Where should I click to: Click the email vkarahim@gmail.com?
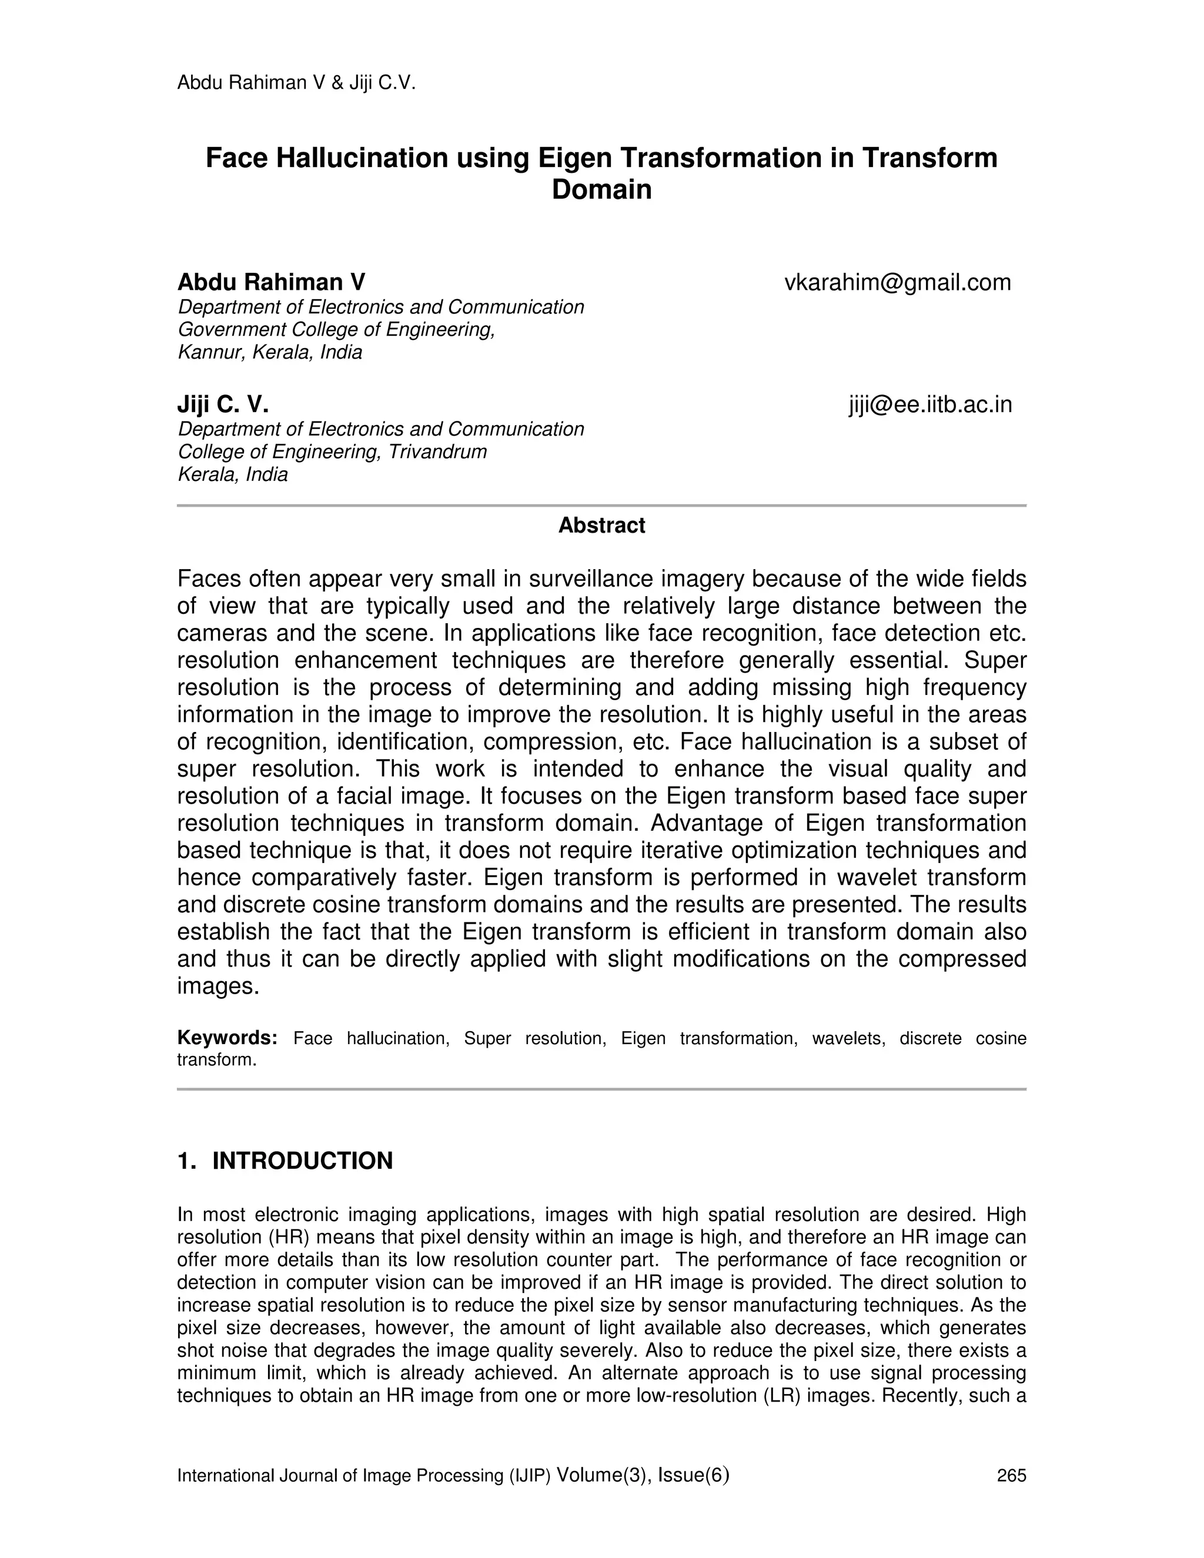pos(897,282)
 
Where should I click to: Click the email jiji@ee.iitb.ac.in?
pos(930,404)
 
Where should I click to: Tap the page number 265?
pos(1011,1475)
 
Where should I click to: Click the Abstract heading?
pos(601,525)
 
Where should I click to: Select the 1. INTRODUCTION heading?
pos(285,1161)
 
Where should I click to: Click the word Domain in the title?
pos(601,190)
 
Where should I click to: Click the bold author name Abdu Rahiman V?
pos(271,282)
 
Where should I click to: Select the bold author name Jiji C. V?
pos(223,404)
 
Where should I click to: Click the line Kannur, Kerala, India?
pos(270,352)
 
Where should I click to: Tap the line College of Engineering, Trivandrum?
pos(332,452)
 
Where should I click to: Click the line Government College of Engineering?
pos(336,330)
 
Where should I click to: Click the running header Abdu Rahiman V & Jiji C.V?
pos(296,83)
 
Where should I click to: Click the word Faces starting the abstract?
pos(208,579)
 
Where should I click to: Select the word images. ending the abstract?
pos(218,987)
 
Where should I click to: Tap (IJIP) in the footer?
pos(530,1475)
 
